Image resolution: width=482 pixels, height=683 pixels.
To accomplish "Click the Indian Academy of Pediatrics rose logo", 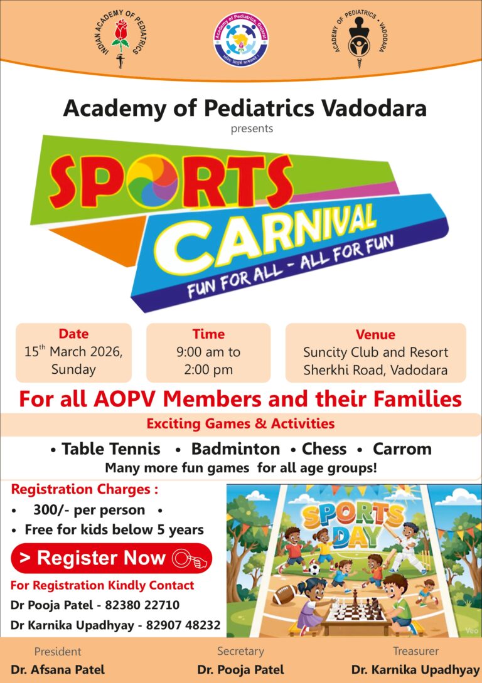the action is pyautogui.click(x=120, y=38).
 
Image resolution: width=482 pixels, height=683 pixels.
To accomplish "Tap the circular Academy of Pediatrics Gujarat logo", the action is pyautogui.click(x=241, y=40).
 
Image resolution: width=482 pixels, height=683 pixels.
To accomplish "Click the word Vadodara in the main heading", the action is pyautogui.click(x=374, y=108).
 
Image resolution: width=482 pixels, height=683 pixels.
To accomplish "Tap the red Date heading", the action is pyautogui.click(x=73, y=334).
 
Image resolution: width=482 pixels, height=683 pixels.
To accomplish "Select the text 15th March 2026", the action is pyautogui.click(x=73, y=351).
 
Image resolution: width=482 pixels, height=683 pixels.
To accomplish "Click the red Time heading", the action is pyautogui.click(x=208, y=334).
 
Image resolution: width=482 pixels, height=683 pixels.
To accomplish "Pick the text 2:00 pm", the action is pyautogui.click(x=208, y=370).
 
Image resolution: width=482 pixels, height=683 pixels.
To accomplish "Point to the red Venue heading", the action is pyautogui.click(x=375, y=334).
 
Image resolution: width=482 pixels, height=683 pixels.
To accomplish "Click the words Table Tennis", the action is pyautogui.click(x=110, y=448).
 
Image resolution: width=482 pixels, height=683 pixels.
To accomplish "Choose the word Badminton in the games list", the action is pyautogui.click(x=235, y=448).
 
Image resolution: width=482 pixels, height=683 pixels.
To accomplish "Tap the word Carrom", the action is pyautogui.click(x=402, y=448).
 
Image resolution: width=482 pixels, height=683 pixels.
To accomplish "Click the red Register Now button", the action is pyautogui.click(x=112, y=558).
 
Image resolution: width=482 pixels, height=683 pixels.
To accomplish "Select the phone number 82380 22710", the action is pyautogui.click(x=142, y=605).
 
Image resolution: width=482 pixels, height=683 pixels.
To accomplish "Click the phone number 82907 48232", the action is pyautogui.click(x=183, y=625).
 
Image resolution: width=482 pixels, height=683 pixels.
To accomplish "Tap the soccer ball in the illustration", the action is pyautogui.click(x=314, y=569).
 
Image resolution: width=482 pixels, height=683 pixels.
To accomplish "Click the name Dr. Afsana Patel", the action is pyautogui.click(x=58, y=669).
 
